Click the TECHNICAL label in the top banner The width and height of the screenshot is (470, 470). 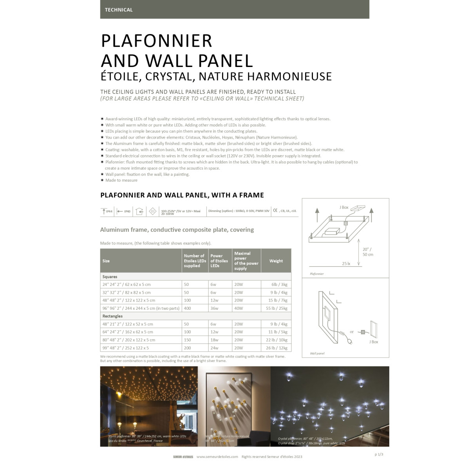[x=119, y=10]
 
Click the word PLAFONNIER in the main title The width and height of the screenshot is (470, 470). [x=157, y=41]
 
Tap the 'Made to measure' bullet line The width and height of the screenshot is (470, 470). [x=121, y=181]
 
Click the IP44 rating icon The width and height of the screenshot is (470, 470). [x=107, y=211]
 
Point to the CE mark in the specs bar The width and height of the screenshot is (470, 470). [x=275, y=211]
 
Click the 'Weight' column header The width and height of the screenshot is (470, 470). [x=276, y=261]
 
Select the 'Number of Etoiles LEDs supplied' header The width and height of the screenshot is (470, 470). [x=195, y=261]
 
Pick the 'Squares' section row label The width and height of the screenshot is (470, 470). [x=110, y=277]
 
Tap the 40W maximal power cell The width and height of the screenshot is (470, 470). [x=239, y=308]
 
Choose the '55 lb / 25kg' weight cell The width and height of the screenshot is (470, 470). [x=277, y=308]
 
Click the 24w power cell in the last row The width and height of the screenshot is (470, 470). [x=215, y=348]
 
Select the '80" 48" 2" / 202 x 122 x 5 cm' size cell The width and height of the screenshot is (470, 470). [x=129, y=340]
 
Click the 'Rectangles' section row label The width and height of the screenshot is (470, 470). [x=113, y=316]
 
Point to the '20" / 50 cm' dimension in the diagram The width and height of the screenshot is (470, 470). [x=367, y=252]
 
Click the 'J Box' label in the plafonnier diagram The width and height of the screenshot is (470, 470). [x=344, y=207]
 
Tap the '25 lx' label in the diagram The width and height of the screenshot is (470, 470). [x=346, y=264]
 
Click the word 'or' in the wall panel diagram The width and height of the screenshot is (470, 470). [x=352, y=332]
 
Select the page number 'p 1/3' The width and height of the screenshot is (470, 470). [x=379, y=454]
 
